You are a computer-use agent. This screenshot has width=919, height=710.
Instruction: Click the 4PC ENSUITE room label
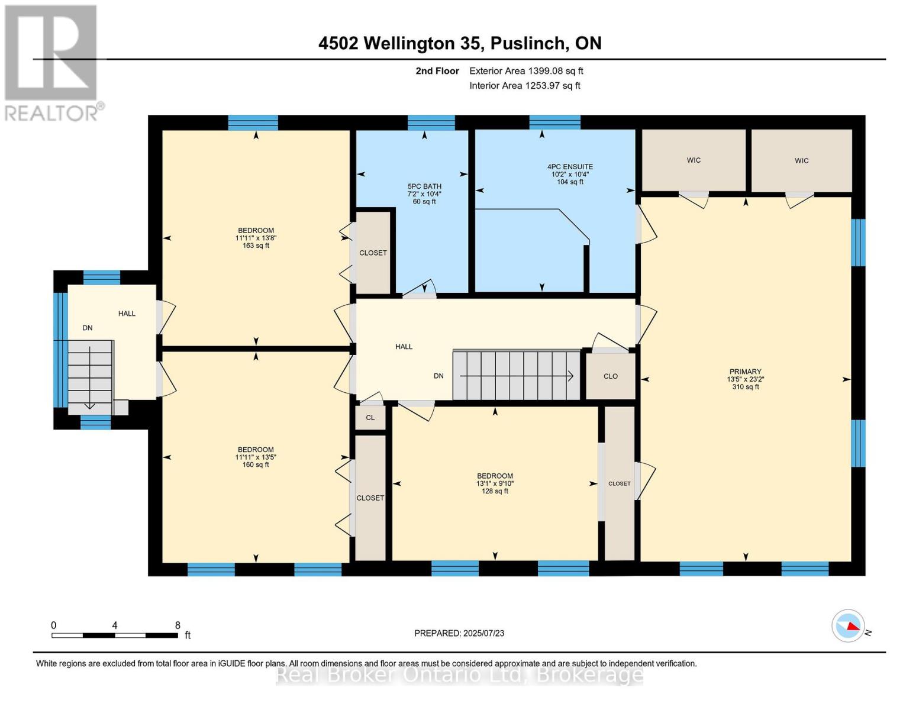point(570,167)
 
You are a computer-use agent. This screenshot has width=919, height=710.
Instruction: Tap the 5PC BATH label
point(424,186)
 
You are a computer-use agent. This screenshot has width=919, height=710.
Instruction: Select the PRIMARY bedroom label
point(745,372)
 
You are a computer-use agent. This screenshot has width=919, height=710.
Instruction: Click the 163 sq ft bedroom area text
point(256,246)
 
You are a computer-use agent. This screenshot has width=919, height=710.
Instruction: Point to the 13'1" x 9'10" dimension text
point(495,483)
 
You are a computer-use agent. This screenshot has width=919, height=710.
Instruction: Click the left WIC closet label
point(694,160)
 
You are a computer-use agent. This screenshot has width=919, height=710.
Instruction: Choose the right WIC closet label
point(801,161)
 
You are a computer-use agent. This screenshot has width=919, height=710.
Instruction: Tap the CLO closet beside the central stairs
point(611,376)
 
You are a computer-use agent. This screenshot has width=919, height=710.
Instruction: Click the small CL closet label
point(370,418)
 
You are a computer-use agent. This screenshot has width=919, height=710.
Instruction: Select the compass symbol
point(848,625)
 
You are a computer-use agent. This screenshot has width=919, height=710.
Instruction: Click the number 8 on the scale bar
point(178,625)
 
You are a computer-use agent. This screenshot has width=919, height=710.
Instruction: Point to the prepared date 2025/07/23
point(459,633)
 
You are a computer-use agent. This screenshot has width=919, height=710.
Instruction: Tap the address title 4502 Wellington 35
point(459,43)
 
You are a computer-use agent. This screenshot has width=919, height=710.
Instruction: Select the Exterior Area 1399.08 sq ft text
point(526,71)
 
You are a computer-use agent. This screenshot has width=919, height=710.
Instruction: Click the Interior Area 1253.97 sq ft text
point(525,86)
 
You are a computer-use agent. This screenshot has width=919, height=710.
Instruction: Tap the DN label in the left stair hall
point(88,328)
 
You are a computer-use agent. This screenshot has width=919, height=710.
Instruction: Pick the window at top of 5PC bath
point(431,122)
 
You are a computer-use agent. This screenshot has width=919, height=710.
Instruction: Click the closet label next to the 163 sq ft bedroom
point(373,253)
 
